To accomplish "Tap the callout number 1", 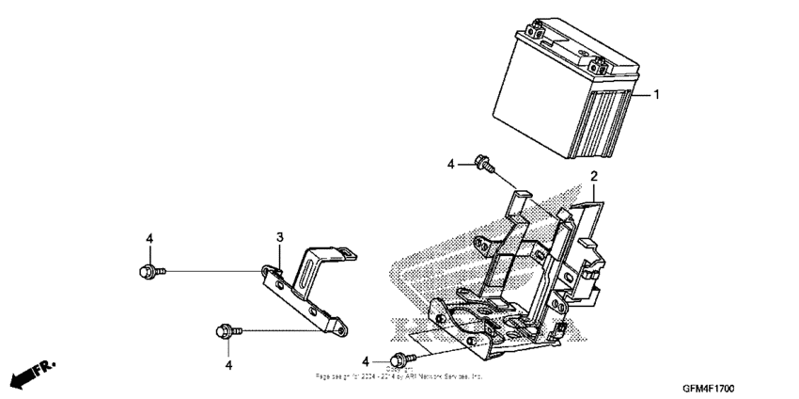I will (657, 95).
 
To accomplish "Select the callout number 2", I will (593, 176).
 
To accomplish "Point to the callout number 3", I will (279, 236).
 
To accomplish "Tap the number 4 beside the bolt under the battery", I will (450, 164).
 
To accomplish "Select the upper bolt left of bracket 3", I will (149, 271).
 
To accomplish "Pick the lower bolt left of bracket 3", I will (227, 330).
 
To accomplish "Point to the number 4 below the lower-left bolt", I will (227, 363).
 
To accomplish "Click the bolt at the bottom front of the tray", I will (405, 359).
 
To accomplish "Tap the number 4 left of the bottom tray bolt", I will (367, 359).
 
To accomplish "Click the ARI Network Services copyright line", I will (399, 375).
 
